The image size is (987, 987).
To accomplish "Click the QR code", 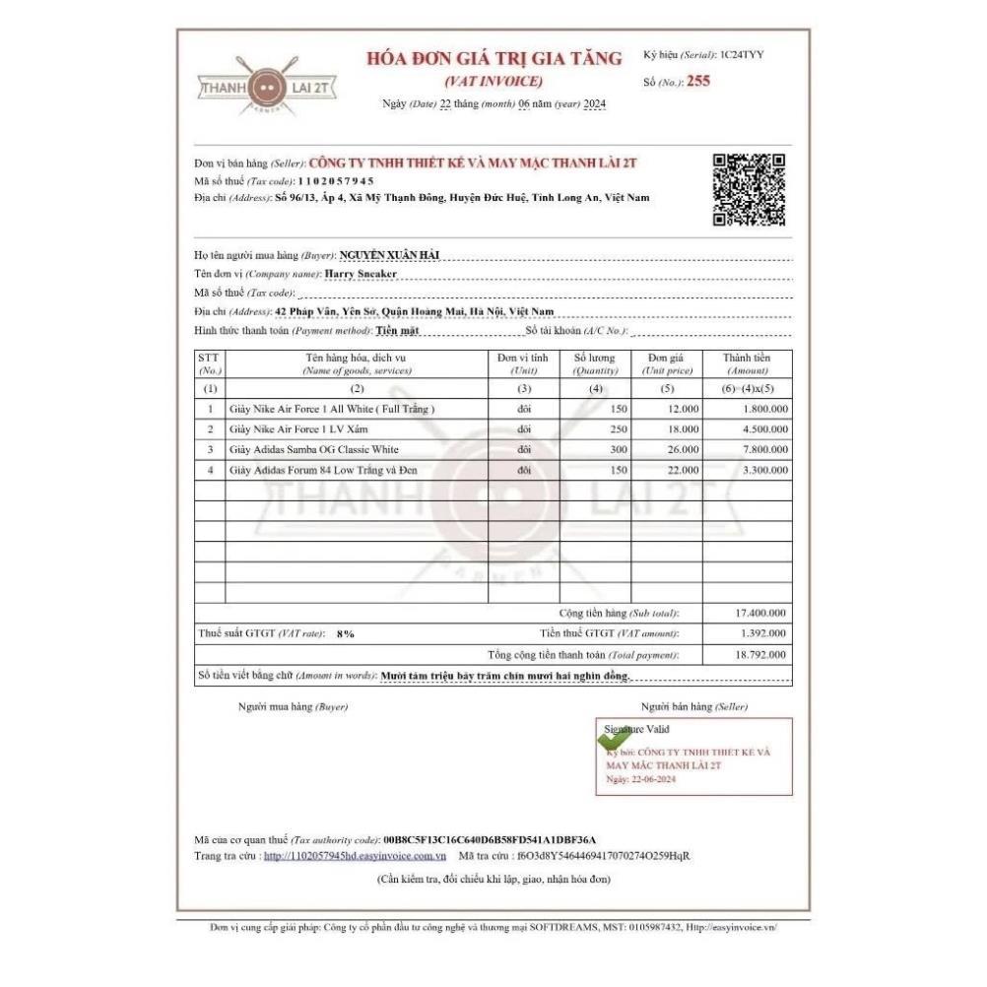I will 750,190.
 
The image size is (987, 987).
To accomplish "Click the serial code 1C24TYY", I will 742,54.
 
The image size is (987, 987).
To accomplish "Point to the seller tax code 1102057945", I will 336,181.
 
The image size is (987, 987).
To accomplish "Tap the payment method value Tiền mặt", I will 397,331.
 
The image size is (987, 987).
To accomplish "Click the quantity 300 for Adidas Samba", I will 615,449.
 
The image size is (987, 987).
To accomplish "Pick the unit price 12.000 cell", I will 683,408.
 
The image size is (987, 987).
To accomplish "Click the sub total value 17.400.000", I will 760,613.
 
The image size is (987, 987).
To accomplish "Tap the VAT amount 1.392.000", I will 762,633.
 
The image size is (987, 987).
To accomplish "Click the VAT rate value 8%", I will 345,634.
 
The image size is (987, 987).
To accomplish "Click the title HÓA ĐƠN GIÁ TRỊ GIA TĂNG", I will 494,59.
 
